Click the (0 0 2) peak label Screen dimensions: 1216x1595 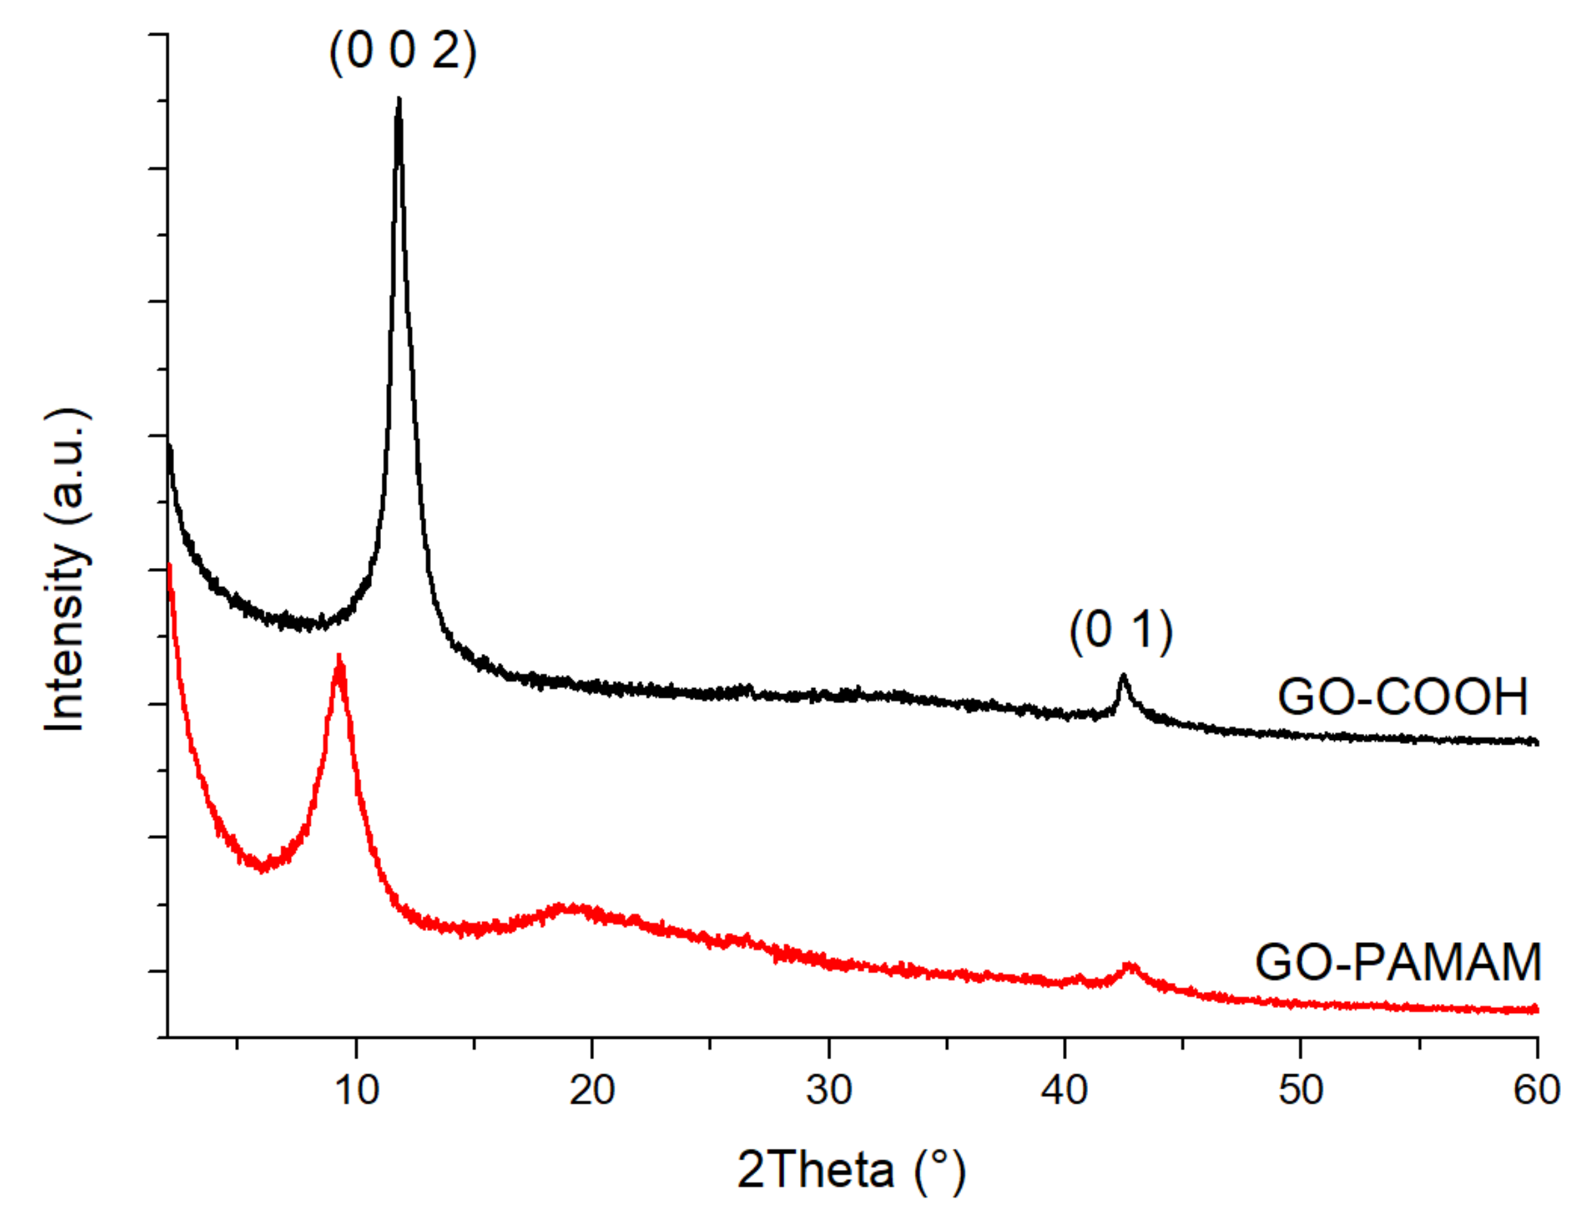click(403, 52)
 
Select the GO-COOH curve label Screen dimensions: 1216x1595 click(1403, 697)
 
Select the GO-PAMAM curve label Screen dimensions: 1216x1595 click(1398, 963)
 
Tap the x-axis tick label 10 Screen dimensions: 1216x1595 click(356, 1090)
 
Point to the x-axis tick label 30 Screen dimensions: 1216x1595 click(828, 1090)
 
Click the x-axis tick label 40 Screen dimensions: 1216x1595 click(1064, 1090)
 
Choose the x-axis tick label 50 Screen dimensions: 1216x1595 click(1300, 1090)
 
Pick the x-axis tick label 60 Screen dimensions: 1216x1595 click(1537, 1090)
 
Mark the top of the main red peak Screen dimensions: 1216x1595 click(339, 657)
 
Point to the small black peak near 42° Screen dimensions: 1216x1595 click(1123, 677)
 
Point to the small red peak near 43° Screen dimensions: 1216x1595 click(1130, 966)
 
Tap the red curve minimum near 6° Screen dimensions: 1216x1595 click(263, 868)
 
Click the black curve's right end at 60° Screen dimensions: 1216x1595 click(1536, 742)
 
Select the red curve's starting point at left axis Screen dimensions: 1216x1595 click(169, 566)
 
